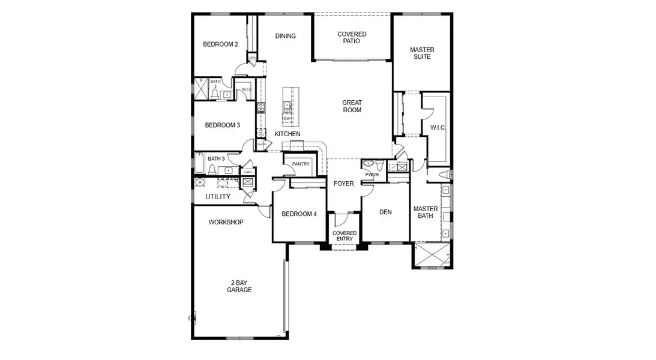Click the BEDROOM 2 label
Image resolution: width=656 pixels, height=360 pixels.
point(220,44)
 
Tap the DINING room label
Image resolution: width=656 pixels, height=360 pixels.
point(286,36)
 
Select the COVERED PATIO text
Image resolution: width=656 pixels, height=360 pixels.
point(352,38)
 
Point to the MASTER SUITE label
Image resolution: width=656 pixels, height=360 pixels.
point(422,53)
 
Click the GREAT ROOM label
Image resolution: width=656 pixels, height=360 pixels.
point(352,107)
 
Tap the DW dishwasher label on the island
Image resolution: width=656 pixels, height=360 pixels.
point(287,119)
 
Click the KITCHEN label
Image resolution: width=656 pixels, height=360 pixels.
point(287,134)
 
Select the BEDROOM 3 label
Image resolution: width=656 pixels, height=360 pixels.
point(222,125)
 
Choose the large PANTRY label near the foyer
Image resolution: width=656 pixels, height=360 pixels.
point(300,164)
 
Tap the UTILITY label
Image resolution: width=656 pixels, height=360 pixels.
point(218,197)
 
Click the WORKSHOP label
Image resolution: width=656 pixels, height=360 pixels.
point(226,223)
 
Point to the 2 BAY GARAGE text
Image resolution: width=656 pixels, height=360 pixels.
point(239,286)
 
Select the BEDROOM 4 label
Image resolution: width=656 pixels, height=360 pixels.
point(299,214)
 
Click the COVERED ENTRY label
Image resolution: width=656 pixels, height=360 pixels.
point(345,236)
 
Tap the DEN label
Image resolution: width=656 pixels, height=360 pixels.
point(385,212)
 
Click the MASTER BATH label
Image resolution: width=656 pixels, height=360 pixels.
point(425,213)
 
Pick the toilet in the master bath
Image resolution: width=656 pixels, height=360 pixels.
point(445,174)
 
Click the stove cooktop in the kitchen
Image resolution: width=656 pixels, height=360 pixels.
point(261,109)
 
